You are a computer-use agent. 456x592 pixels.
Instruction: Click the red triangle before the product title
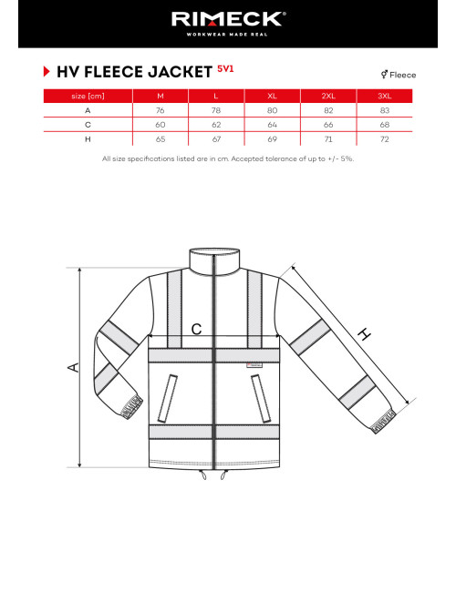coord(46,72)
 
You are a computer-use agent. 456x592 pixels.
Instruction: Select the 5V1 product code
coord(226,69)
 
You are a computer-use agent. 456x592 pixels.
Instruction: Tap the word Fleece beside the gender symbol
coord(402,75)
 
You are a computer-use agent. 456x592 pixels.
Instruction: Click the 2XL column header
coord(329,96)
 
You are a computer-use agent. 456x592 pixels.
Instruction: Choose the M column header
coord(161,96)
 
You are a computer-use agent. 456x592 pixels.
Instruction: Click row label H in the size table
coord(88,139)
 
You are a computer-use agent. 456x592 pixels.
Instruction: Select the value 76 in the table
coord(161,110)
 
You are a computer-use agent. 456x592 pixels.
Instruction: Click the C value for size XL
coord(272,125)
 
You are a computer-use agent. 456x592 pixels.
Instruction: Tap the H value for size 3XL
coord(385,139)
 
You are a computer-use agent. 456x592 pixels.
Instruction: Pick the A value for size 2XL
coord(329,110)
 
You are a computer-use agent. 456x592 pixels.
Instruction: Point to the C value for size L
coord(216,125)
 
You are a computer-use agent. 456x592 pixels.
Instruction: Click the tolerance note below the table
coord(228,158)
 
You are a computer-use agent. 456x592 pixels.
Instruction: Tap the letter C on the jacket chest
coord(196,331)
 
